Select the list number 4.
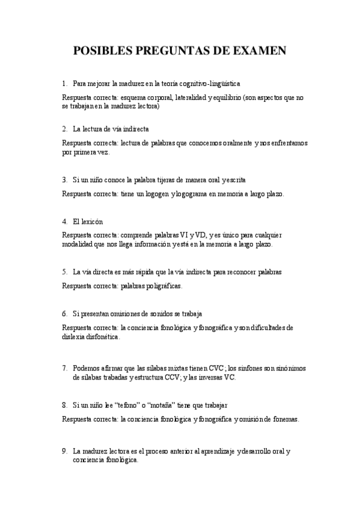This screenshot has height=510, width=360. (64, 221)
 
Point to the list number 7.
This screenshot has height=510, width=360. (64, 367)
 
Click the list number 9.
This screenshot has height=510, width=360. (64, 450)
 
